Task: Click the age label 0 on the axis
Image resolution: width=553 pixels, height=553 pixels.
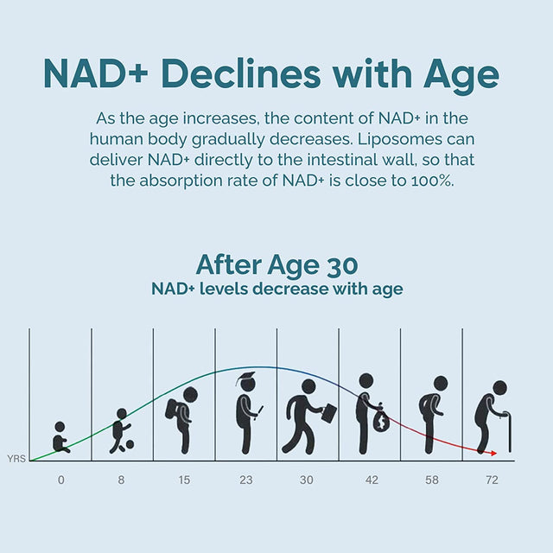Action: tap(60, 479)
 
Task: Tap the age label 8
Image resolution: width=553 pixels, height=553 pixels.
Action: tap(122, 479)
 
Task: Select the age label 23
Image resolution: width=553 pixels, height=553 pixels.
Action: tap(246, 479)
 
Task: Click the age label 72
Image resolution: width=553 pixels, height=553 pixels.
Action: tap(493, 479)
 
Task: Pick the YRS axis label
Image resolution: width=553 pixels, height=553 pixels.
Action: tap(16, 458)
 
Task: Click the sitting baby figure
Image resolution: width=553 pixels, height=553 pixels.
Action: tap(60, 438)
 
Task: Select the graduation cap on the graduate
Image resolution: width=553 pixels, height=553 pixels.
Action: tap(247, 378)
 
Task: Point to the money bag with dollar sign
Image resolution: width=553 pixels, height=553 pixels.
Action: tap(381, 421)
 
